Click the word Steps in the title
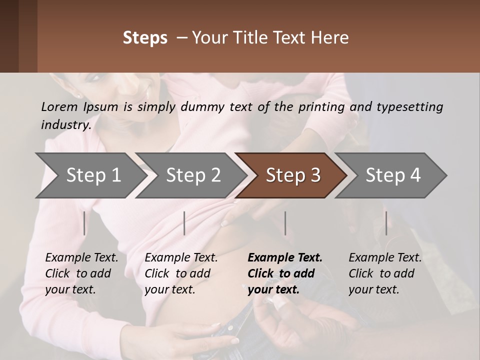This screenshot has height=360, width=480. tap(145, 38)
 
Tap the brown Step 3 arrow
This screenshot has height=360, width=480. tap(292, 175)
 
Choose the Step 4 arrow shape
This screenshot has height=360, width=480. tap(392, 175)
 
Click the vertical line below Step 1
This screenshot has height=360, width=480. tap(84, 223)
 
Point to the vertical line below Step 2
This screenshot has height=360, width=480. tap(184, 223)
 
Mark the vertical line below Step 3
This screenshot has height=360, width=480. tap(285, 223)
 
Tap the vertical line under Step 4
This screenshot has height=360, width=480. tap(386, 223)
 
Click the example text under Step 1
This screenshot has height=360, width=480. tap(81, 273)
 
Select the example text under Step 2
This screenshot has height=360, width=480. tap(181, 273)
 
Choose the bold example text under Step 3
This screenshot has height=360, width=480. tap(284, 273)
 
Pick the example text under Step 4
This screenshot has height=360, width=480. tap(385, 273)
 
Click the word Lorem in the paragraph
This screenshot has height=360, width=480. tap(59, 106)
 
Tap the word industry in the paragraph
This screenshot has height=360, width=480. tap(65, 124)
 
